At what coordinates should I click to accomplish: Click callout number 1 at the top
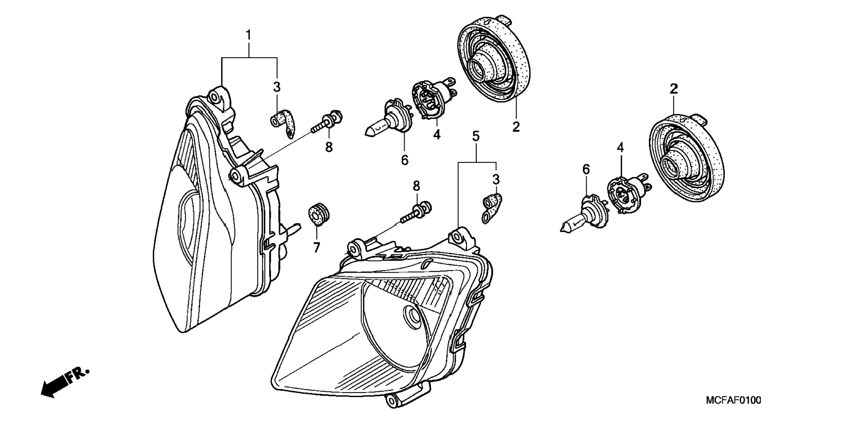[x=249, y=35]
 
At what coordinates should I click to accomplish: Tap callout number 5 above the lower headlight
[x=476, y=136]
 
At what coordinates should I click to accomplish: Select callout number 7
[x=316, y=248]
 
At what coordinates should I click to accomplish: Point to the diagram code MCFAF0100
[x=734, y=400]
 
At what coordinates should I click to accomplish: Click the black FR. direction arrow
[x=64, y=383]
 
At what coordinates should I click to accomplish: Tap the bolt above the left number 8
[x=327, y=121]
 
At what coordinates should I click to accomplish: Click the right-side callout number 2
[x=674, y=89]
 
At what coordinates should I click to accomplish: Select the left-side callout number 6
[x=405, y=160]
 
